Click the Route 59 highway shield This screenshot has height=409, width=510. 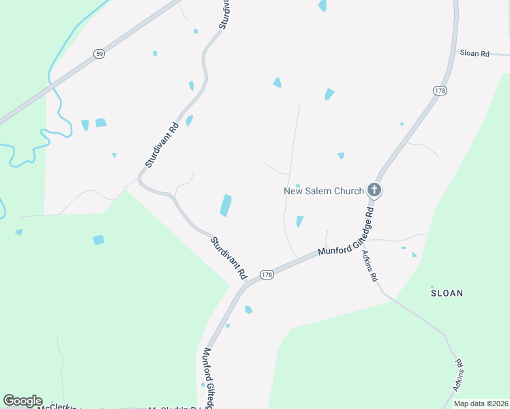pyautogui.click(x=100, y=54)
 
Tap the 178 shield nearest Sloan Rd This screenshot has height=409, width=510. pyautogui.click(x=439, y=90)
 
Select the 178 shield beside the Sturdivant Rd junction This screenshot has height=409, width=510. pyautogui.click(x=267, y=275)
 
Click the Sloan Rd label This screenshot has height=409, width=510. pyautogui.click(x=475, y=52)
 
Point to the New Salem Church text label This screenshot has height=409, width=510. pyautogui.click(x=323, y=191)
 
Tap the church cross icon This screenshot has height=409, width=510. pyautogui.click(x=374, y=190)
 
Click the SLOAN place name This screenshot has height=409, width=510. pyautogui.click(x=447, y=293)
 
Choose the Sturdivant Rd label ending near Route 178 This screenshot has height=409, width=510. pyautogui.click(x=228, y=258)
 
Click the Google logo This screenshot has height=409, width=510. pyautogui.click(x=22, y=401)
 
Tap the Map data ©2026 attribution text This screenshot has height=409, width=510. pyautogui.click(x=481, y=404)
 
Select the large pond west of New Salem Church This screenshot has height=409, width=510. pyautogui.click(x=226, y=205)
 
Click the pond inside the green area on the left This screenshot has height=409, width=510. pyautogui.click(x=99, y=240)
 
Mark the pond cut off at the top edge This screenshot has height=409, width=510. pyautogui.click(x=322, y=5)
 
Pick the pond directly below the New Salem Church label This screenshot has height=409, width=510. pyautogui.click(x=299, y=222)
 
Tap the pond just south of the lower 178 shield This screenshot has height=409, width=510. pyautogui.click(x=249, y=309)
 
